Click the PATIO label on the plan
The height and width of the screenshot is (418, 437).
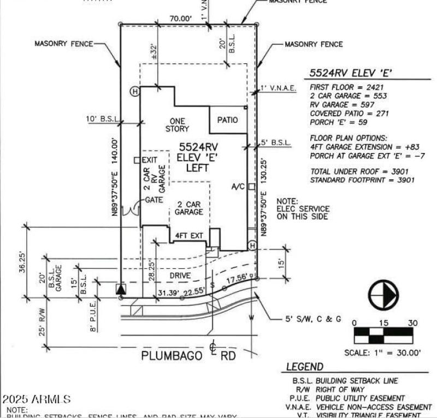point(228,120)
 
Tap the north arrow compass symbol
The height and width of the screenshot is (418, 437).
point(383,296)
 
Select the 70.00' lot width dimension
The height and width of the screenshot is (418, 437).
point(181,18)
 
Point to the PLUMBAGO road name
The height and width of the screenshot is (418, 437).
point(164,355)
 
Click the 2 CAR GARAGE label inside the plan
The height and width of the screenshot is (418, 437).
point(189,208)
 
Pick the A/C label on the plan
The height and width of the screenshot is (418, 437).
point(238,187)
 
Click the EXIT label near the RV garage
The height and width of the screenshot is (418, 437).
point(149,160)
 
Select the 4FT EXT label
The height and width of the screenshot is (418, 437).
point(189,236)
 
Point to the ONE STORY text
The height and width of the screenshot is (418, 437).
point(177,125)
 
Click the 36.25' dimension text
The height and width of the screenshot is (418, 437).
point(22,262)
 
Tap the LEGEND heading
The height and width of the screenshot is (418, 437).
point(304,367)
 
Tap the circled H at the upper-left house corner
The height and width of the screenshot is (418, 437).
point(134,91)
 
